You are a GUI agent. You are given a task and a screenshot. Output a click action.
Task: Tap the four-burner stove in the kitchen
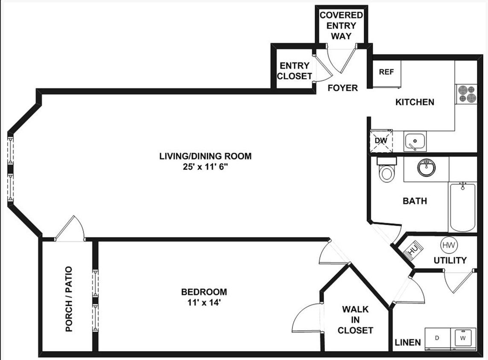(x=466, y=94)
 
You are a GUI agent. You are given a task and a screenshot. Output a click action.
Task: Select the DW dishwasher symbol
(x=381, y=141)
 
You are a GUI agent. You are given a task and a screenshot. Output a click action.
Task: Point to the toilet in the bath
(x=387, y=170)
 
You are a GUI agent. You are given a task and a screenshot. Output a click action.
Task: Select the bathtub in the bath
(x=462, y=206)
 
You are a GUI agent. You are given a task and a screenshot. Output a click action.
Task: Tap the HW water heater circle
(x=449, y=245)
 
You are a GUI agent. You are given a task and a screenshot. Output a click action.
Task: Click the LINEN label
(x=408, y=342)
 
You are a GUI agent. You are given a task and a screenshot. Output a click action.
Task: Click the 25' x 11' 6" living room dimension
(x=205, y=167)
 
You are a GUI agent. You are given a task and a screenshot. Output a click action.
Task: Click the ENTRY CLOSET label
(x=295, y=71)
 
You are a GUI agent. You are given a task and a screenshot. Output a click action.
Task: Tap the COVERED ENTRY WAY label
(x=341, y=26)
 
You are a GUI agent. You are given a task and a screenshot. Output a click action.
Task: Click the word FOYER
(x=342, y=88)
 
